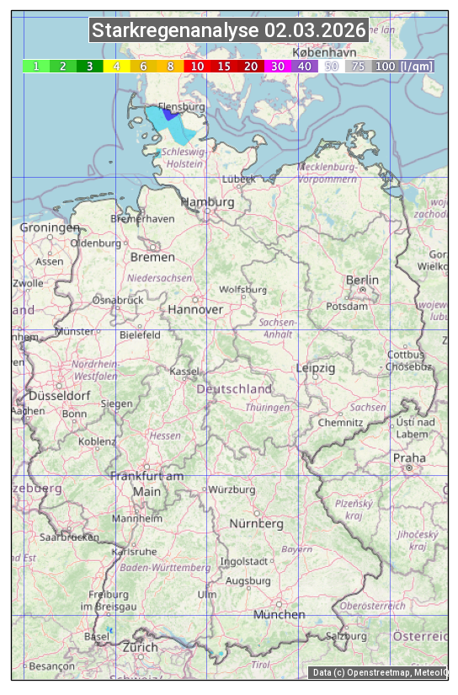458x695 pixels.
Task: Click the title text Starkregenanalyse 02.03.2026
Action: (x=229, y=31)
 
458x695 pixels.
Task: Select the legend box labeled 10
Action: (x=197, y=66)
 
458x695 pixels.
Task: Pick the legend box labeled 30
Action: (x=277, y=66)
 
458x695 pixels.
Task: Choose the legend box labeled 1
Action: (x=36, y=66)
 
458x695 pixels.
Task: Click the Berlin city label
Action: (x=362, y=280)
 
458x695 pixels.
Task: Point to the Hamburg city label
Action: (x=207, y=202)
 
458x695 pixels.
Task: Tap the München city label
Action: (x=279, y=614)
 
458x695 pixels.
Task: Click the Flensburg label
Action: (x=182, y=108)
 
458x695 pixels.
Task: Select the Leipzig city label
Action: (x=316, y=368)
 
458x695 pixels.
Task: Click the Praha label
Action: (x=409, y=457)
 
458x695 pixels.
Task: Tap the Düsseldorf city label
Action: (x=59, y=395)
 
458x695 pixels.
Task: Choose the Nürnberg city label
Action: (x=257, y=523)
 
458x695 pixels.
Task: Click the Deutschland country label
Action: (x=234, y=388)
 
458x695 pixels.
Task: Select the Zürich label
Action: (x=140, y=647)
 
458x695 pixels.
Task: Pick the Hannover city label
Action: (x=195, y=309)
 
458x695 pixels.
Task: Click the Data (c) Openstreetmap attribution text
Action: (x=380, y=672)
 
